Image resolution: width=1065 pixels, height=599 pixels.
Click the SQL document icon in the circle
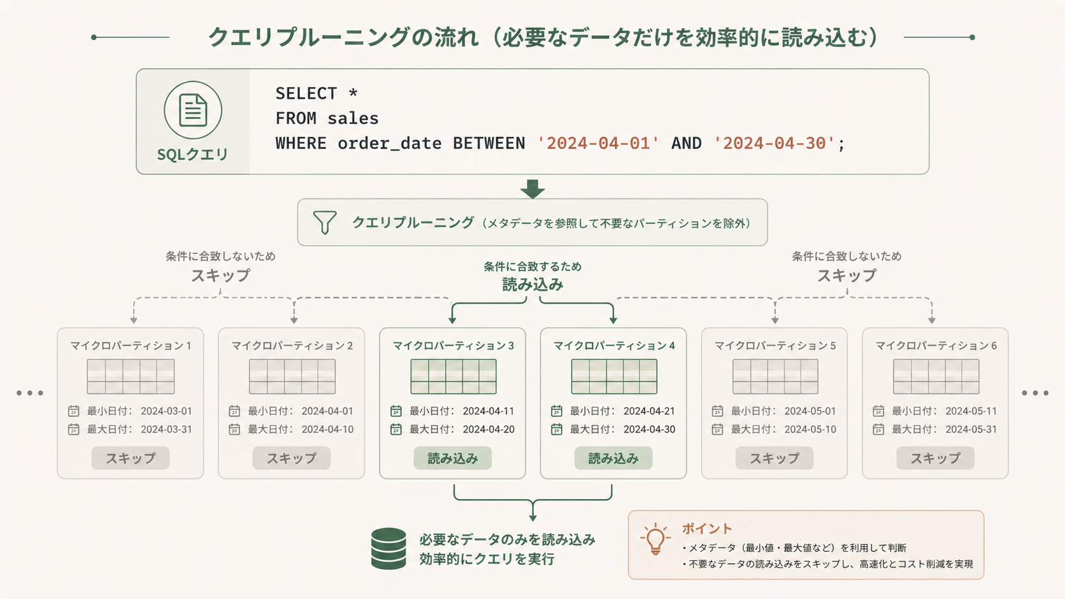(x=193, y=110)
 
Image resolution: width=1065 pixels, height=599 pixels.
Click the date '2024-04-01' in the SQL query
(x=597, y=143)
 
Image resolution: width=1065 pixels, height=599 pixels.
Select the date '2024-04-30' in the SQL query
(x=774, y=143)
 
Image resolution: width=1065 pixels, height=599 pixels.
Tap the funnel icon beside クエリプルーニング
(x=324, y=222)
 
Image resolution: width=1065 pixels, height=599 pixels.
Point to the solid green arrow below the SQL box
(x=532, y=188)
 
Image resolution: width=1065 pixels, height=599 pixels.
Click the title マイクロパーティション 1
(x=131, y=346)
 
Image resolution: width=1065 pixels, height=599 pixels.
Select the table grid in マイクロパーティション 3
(x=453, y=376)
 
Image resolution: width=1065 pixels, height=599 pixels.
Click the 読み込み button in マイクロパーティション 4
(x=613, y=458)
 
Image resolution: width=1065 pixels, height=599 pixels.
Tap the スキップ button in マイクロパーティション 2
(x=291, y=458)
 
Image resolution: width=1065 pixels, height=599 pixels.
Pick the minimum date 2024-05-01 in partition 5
(x=810, y=411)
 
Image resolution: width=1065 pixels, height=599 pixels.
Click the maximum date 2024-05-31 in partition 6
(x=971, y=430)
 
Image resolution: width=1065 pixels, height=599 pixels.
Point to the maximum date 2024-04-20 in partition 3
(x=489, y=430)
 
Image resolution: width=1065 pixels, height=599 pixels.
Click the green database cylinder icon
(x=389, y=548)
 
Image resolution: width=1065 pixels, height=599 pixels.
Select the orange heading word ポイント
(x=707, y=528)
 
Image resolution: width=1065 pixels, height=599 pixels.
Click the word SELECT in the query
(x=306, y=94)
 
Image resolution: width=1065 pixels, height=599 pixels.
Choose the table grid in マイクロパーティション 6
(x=936, y=376)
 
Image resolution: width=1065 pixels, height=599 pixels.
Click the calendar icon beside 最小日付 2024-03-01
(x=74, y=411)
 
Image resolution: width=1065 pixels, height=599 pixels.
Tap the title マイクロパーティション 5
(x=775, y=346)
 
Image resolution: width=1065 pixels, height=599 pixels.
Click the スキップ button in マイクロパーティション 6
(x=935, y=458)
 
